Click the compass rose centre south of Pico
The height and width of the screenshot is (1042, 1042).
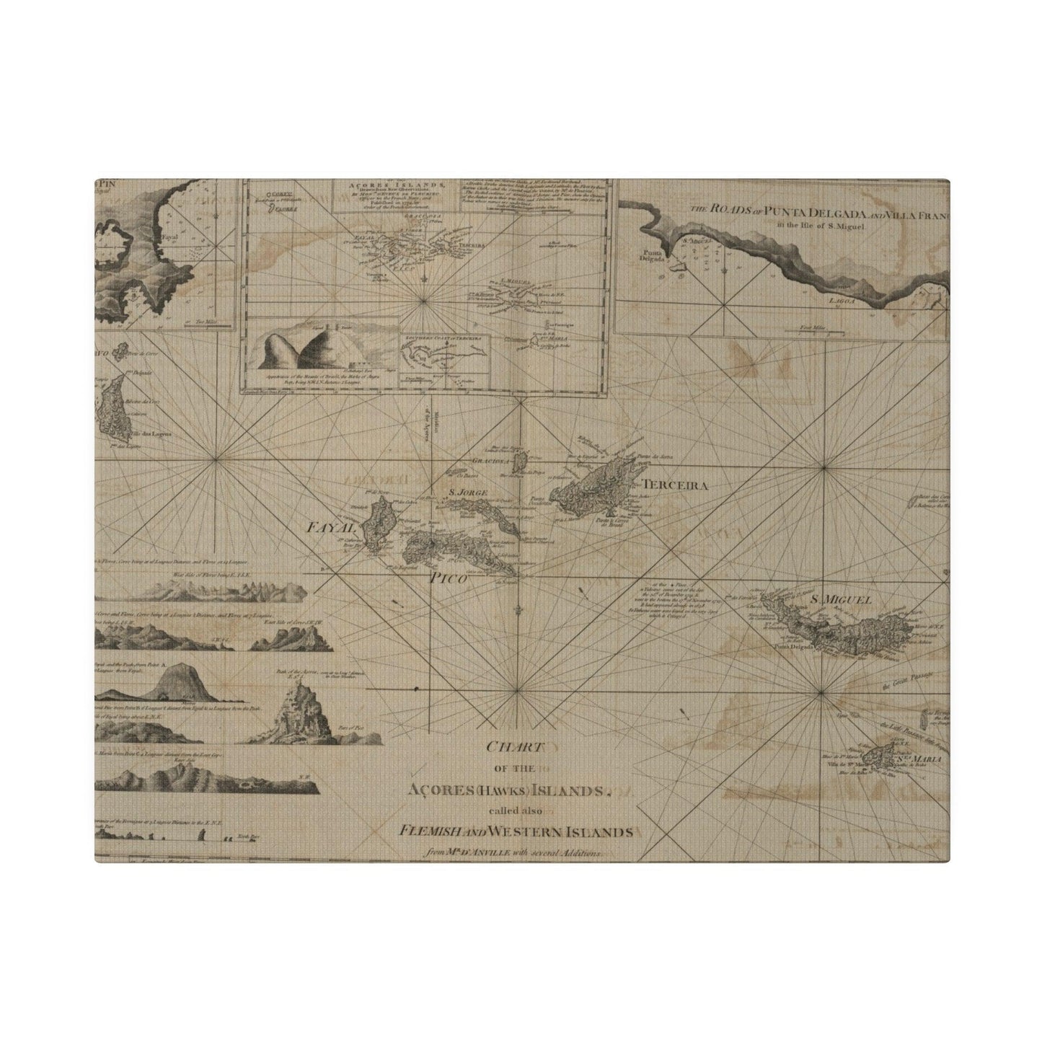click(516, 690)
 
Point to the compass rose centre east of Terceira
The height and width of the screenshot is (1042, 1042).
click(824, 468)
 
